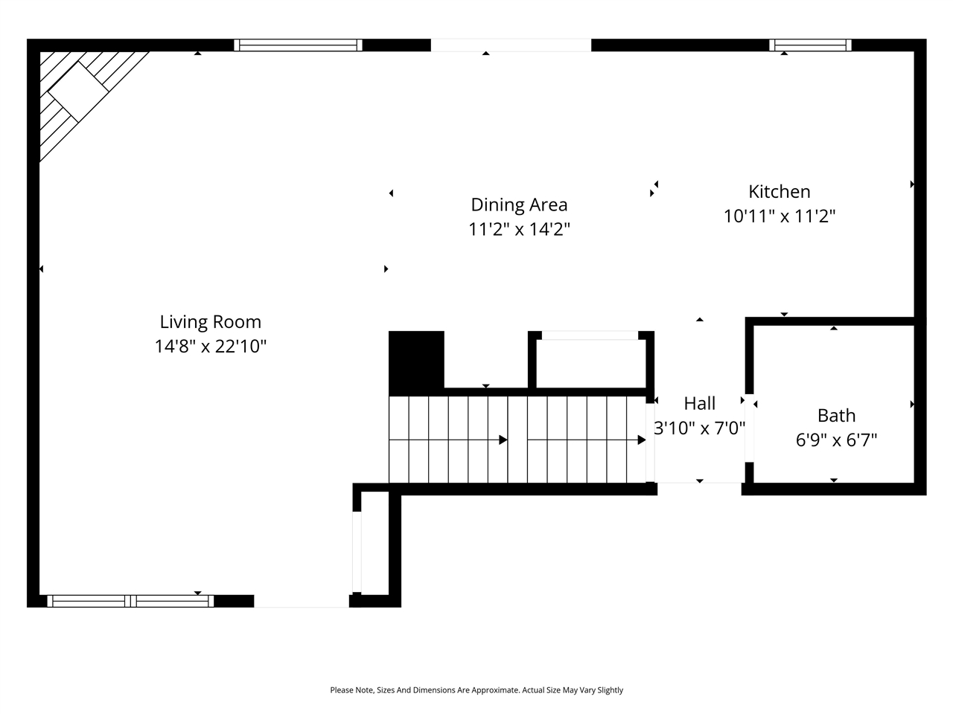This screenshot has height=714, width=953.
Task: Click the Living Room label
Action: pos(211,322)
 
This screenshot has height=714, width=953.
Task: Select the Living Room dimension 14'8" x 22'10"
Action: pos(211,347)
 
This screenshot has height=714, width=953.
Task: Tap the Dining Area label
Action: pos(519,205)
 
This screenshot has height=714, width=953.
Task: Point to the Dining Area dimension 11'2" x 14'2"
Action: pos(519,229)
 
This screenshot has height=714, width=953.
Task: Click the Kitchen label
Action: pos(779,192)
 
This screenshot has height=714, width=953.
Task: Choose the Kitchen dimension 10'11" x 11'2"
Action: pos(779,216)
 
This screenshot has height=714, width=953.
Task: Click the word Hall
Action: pos(699,404)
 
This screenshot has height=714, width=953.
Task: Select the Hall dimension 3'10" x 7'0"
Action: pos(699,428)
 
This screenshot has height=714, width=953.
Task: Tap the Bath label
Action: pos(836,416)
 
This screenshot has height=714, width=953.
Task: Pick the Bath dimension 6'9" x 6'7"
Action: pos(836,440)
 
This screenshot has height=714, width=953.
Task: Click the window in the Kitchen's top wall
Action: pos(810,45)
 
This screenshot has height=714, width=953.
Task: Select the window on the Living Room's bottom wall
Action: pos(130,601)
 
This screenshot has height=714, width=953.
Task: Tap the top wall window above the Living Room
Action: pos(298,45)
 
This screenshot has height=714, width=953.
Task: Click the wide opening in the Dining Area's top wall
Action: pos(511,45)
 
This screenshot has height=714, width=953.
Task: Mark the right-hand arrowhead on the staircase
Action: pos(641,440)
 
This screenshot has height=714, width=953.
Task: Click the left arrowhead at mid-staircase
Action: pos(503,440)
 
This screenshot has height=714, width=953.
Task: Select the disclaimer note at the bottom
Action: pos(476,690)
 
